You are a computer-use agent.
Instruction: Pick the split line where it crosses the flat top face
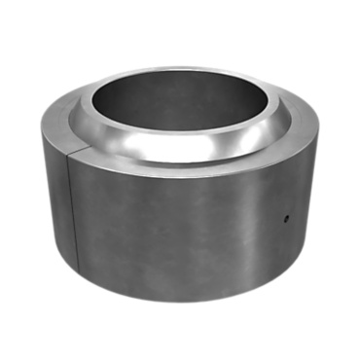73,154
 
